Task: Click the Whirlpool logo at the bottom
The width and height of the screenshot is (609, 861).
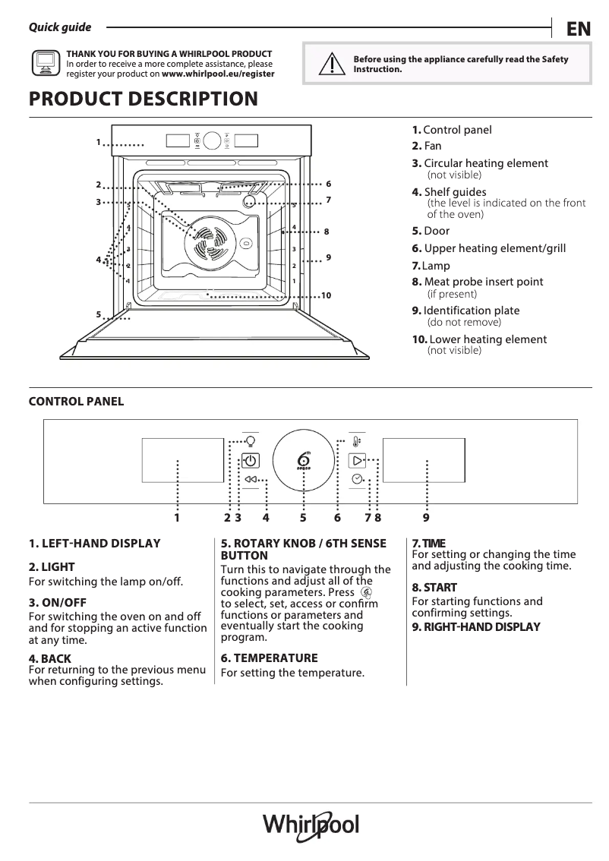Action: click(311, 825)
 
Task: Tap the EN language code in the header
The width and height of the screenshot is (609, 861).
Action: click(578, 29)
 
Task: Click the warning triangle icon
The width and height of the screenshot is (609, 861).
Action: click(328, 64)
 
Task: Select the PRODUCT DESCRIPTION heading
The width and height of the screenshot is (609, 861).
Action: click(143, 99)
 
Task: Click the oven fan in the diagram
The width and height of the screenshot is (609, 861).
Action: click(206, 242)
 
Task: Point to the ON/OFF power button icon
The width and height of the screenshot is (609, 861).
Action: click(251, 460)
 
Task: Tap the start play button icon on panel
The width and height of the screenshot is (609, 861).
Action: click(357, 460)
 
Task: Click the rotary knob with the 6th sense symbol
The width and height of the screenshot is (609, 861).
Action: click(304, 462)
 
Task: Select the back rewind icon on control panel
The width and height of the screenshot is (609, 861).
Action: click(251, 480)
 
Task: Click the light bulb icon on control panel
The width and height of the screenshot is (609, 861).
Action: click(250, 440)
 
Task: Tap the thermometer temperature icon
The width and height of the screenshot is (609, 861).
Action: click(356, 441)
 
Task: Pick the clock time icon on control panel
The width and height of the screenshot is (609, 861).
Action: click(357, 479)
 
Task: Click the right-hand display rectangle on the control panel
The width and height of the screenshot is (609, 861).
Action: click(423, 460)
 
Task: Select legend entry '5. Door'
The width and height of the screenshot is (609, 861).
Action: click(431, 231)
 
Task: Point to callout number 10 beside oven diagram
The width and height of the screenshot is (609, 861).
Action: click(326, 295)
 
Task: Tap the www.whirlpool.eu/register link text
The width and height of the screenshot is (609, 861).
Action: click(218, 74)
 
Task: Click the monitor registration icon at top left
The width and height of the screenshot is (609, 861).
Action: click(45, 64)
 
